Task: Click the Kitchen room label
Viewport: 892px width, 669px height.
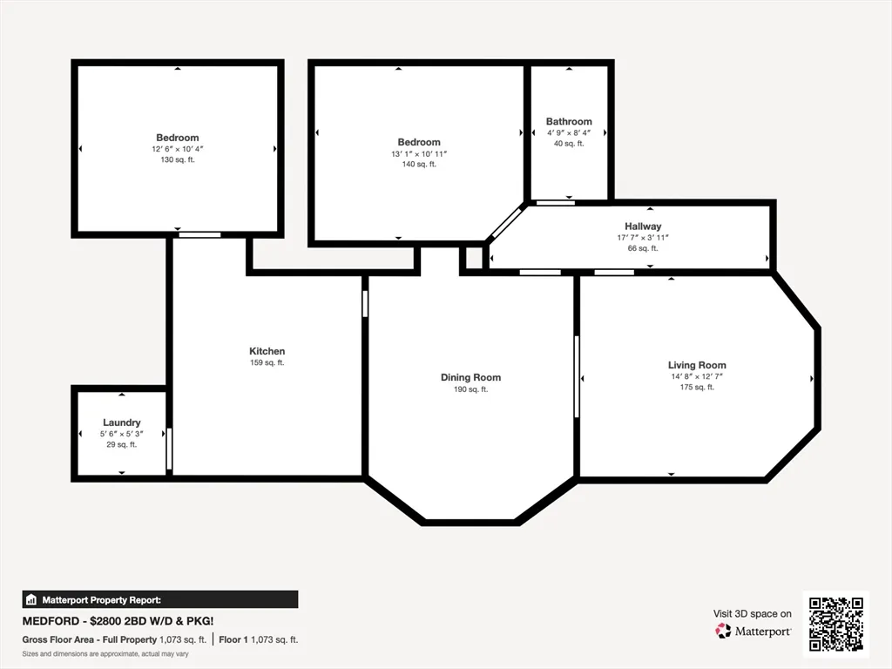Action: pos(267,351)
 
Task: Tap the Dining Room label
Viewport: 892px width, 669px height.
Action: pos(470,377)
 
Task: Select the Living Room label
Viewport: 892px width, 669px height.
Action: pos(697,365)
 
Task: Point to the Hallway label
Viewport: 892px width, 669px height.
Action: pos(643,226)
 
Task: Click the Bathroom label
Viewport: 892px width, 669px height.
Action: pos(569,121)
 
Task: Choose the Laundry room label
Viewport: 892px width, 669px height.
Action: pos(121,422)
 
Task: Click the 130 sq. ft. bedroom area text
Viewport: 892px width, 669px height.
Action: pos(178,159)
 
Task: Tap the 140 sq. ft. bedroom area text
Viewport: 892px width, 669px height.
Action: pos(419,164)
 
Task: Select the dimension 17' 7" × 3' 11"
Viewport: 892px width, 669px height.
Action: pos(643,237)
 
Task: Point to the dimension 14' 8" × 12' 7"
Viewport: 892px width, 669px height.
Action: pos(697,376)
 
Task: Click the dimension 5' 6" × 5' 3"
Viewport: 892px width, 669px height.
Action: pos(121,434)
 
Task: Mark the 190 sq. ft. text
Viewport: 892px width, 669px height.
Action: pos(470,389)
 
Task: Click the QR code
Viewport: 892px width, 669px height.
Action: pos(835,624)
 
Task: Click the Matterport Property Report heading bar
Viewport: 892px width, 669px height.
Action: pos(160,599)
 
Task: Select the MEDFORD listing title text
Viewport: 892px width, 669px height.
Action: pos(118,621)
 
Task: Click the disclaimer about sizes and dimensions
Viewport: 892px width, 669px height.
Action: pos(105,653)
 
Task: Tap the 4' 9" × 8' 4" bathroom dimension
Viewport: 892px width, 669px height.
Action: pos(569,132)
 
